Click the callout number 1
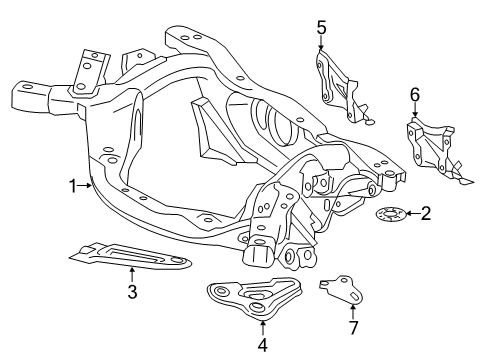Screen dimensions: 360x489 point(72,185)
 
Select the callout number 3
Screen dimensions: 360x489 point(132,292)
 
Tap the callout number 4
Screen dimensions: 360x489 point(262,346)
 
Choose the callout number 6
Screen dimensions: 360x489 point(414,94)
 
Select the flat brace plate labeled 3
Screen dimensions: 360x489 point(135,256)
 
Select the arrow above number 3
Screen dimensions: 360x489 point(132,274)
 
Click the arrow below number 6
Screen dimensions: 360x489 point(414,113)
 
